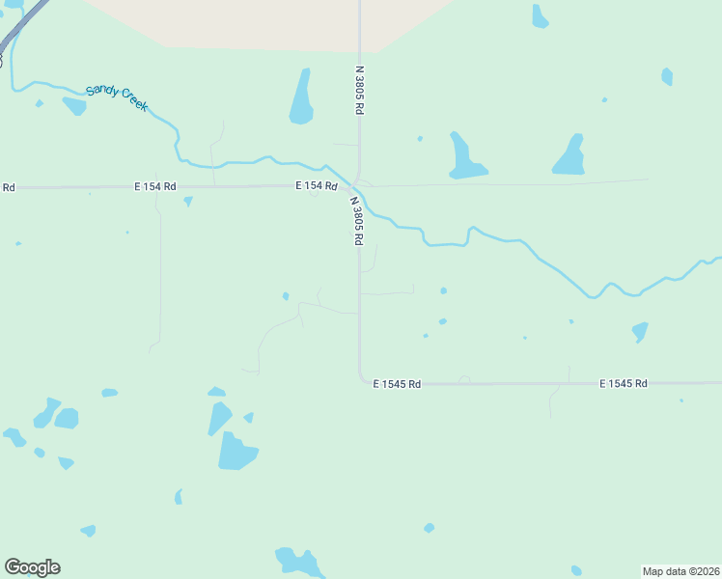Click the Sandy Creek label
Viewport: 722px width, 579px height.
(117, 97)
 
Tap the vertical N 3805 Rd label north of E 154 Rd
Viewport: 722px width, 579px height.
(359, 91)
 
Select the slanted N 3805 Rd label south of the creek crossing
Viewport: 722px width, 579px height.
(356, 220)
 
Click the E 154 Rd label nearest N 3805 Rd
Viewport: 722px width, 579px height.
(317, 185)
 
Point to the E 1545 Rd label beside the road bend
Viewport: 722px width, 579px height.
(398, 384)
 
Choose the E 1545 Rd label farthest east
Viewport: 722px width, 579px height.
(623, 384)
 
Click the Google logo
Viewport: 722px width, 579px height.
(32, 567)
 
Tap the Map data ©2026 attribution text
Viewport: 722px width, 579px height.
(680, 570)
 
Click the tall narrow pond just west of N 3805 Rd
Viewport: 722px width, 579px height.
(302, 97)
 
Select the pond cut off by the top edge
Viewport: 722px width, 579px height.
(540, 16)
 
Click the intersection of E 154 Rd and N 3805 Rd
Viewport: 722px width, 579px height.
(355, 185)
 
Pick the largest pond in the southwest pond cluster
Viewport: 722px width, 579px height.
(236, 452)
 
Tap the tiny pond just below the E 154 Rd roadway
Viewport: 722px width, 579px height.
(188, 201)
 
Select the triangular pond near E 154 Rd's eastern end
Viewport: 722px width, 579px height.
(569, 156)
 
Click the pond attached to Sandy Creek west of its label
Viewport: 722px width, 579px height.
(74, 104)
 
